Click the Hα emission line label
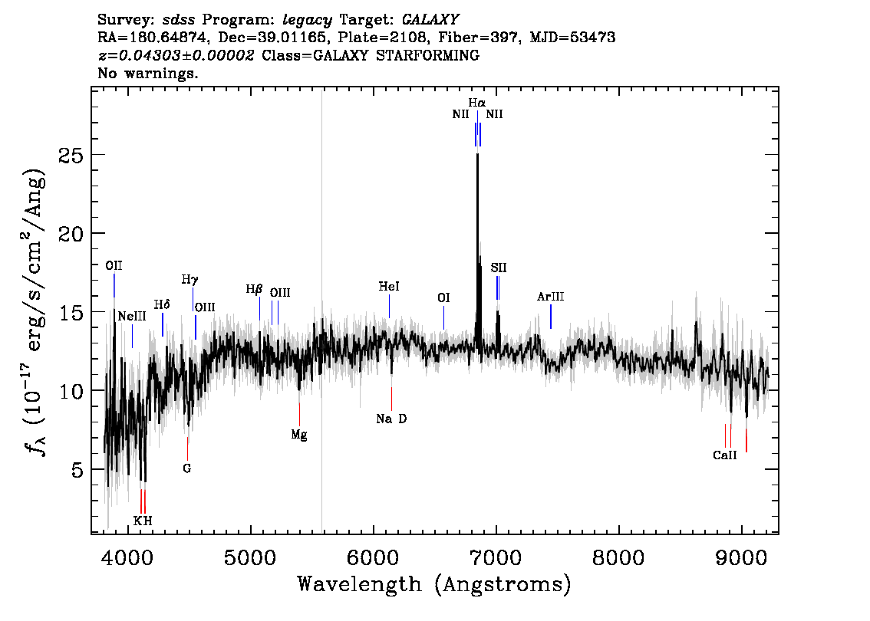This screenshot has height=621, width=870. (476, 103)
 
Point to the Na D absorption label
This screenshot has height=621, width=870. (391, 419)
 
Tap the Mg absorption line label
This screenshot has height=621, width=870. (299, 435)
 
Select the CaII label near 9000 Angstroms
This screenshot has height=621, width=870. (725, 455)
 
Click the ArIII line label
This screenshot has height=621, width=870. (550, 297)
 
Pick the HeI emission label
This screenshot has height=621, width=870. (389, 287)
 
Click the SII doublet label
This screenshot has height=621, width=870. (499, 268)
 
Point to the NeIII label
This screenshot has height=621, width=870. (132, 316)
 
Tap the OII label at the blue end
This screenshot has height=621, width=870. (114, 265)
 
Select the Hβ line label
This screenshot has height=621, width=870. (254, 290)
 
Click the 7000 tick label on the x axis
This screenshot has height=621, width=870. (495, 557)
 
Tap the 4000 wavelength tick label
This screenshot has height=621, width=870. (127, 557)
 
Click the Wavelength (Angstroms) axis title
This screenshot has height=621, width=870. (434, 584)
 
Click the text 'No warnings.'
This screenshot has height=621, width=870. (147, 73)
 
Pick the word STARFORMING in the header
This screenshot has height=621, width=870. (427, 55)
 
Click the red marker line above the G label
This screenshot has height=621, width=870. (187, 449)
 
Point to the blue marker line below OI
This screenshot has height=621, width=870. (444, 317)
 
